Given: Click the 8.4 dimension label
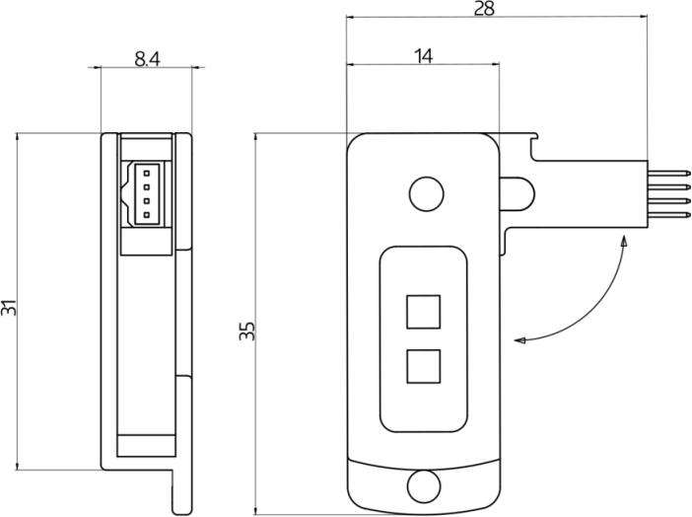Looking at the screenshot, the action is [147, 59].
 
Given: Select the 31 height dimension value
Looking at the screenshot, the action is [9, 308].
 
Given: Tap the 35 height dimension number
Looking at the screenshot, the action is [247, 331].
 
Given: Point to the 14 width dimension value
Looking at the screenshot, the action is [424, 56].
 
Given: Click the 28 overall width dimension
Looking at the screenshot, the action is [484, 9].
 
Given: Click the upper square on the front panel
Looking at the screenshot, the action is [423, 312].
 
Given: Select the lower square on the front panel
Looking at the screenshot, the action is [423, 366].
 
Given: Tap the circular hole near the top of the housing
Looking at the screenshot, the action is [426, 194].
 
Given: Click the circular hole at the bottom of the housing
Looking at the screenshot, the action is [424, 486].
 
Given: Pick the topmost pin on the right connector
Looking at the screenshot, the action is [669, 174].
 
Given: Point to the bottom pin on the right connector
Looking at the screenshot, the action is [669, 215].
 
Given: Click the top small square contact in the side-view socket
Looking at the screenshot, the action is [146, 172].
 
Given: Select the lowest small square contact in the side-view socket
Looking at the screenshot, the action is [146, 215].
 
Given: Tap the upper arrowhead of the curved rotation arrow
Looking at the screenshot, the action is [624, 241].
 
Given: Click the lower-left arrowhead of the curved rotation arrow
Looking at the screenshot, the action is [519, 340].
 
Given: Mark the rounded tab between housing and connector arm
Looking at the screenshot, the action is [518, 193].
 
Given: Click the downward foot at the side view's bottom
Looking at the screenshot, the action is [181, 491].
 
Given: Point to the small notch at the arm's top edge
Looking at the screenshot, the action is [533, 137].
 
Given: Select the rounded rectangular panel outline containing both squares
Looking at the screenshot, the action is [380, 339].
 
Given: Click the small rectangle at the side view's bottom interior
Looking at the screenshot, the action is [146, 446].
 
